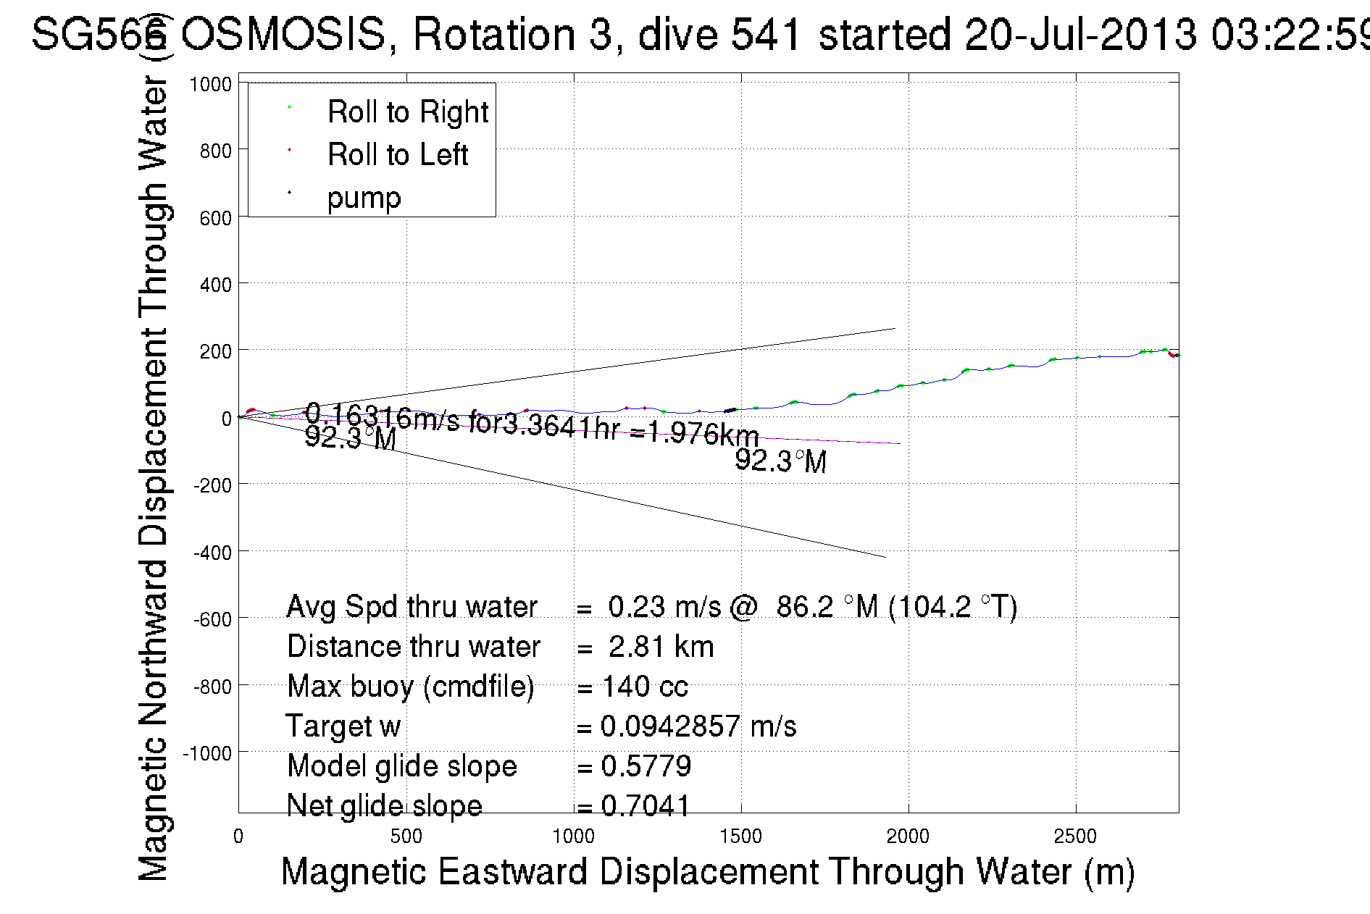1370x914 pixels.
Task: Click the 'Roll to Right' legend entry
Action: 407,112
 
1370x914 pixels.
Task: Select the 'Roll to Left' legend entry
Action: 397,155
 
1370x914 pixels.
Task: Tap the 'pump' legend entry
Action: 364,198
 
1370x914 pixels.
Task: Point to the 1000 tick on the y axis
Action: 210,84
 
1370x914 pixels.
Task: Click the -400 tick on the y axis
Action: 212,553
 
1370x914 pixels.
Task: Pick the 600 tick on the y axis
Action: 215,218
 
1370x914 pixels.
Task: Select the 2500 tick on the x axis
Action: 1075,837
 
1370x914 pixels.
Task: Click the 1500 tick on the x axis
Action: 740,837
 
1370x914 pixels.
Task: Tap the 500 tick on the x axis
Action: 406,837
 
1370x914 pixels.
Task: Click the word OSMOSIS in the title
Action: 283,34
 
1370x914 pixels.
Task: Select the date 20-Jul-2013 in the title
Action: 1079,34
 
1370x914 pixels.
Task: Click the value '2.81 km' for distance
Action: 661,647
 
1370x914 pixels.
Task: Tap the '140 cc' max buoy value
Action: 645,687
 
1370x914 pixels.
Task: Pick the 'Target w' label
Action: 343,726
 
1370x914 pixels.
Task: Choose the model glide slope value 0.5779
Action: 646,766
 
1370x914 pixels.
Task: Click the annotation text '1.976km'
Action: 703,433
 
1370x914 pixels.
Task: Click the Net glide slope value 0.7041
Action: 646,805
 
